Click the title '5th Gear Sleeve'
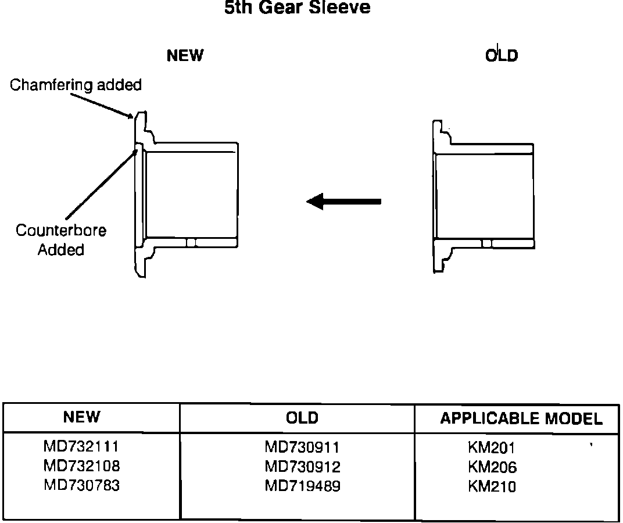(297, 8)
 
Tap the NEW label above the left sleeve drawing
(185, 56)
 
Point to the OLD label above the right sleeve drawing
(502, 56)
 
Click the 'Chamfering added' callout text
(76, 85)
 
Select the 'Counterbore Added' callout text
(61, 240)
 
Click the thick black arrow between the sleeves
(344, 202)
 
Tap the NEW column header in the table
(81, 417)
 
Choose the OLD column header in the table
(302, 418)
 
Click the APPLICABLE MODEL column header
(521, 418)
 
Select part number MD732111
(81, 447)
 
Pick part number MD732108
(81, 466)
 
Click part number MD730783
(81, 485)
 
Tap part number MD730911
(302, 447)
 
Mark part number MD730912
(302, 467)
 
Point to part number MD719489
(302, 486)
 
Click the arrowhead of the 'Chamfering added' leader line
(132, 116)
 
